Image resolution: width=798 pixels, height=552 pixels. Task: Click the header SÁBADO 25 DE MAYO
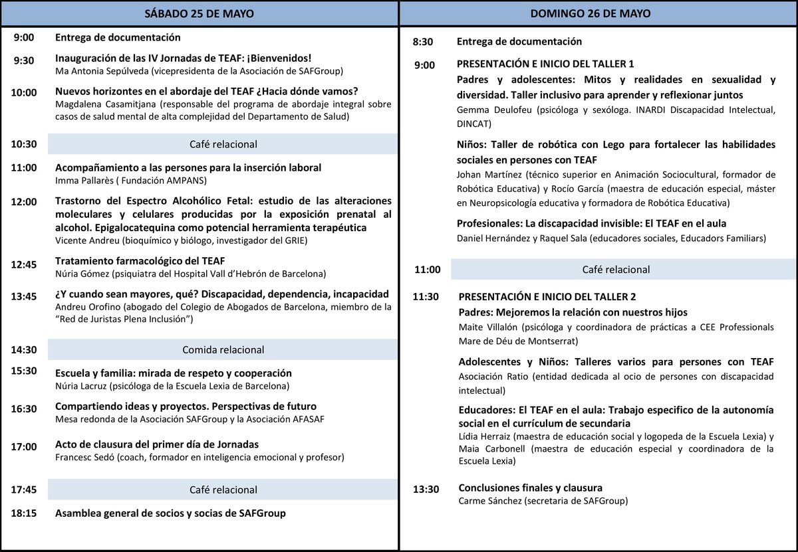coord(199,13)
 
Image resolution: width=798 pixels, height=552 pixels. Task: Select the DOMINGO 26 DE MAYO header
coord(599,13)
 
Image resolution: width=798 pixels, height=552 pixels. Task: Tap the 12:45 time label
coord(24,265)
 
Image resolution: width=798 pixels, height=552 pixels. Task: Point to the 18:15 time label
coord(24,513)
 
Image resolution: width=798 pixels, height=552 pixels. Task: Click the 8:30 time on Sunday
coord(423,42)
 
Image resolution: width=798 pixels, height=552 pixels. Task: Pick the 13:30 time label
coord(426,490)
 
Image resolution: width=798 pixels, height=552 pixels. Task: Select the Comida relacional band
coord(223,349)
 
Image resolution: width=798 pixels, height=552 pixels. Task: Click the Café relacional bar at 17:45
coord(223,490)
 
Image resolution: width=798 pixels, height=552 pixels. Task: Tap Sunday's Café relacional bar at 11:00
coord(622,269)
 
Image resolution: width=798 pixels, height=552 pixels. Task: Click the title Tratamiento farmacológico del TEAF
coord(145,260)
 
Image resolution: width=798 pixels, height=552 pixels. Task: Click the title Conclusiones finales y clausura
coord(531,488)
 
